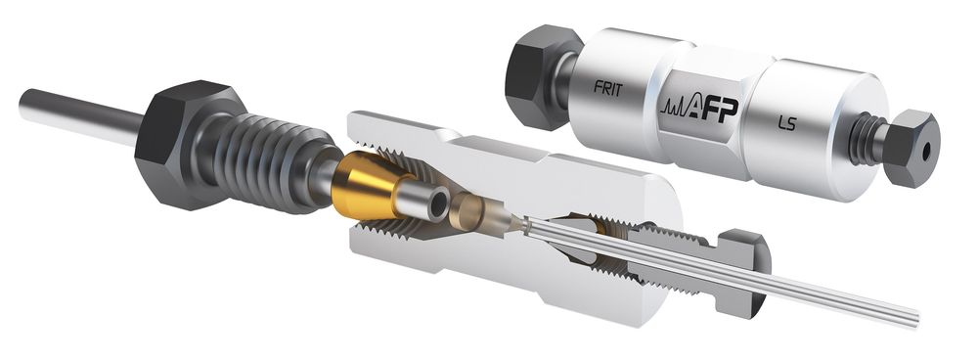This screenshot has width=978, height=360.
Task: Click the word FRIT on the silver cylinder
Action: [x=608, y=86]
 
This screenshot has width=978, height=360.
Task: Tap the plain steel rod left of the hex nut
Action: [x=78, y=110]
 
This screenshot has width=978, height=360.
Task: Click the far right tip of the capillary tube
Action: [x=915, y=317]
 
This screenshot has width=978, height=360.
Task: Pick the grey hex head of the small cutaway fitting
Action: [x=745, y=275]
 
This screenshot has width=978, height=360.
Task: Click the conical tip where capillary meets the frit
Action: [x=513, y=226]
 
